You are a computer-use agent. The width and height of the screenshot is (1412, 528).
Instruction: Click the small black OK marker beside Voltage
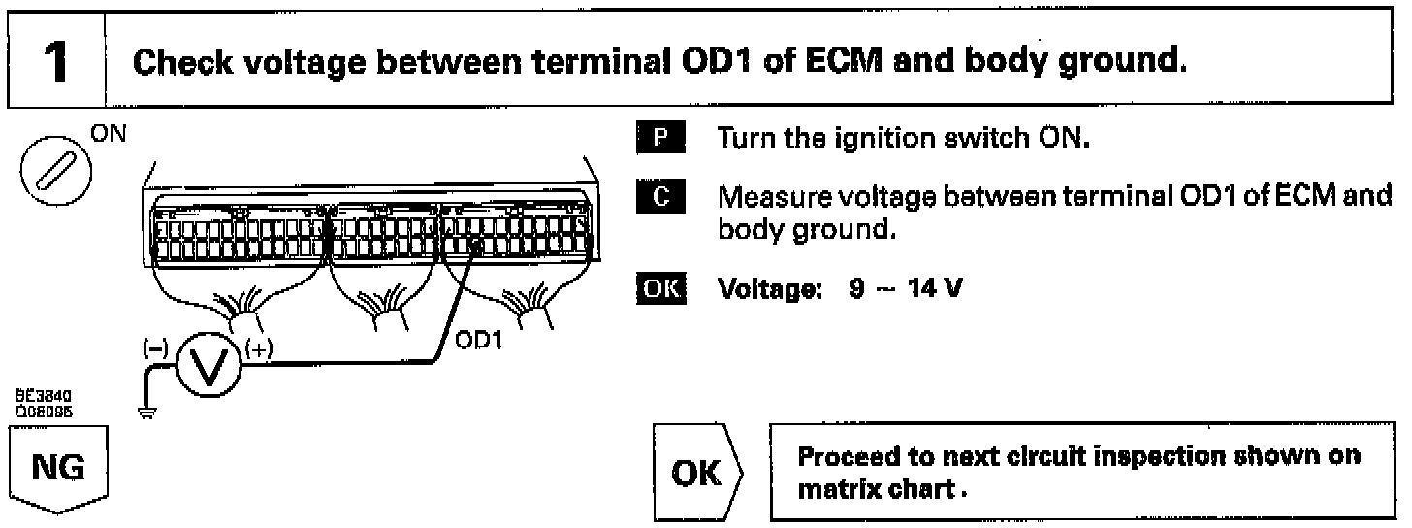[659, 288]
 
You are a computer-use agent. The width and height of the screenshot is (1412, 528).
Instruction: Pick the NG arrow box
[57, 474]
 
